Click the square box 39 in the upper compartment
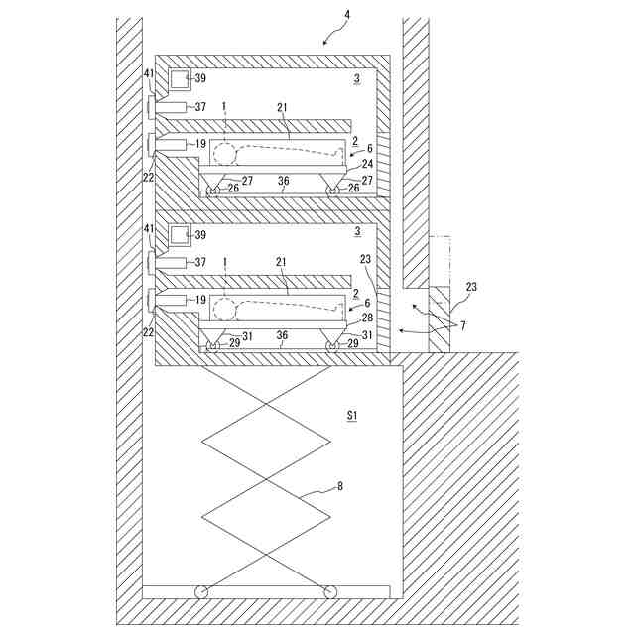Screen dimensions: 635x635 click(x=180, y=79)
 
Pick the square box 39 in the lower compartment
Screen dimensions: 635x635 click(x=180, y=236)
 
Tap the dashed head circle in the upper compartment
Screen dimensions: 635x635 click(x=226, y=154)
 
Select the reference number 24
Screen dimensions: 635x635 click(x=367, y=164)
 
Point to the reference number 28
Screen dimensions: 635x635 click(x=367, y=318)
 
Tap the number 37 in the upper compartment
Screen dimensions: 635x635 click(x=200, y=107)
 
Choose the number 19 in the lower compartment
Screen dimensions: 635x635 click(x=200, y=298)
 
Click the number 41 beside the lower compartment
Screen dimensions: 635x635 click(x=150, y=229)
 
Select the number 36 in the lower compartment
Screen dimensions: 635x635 click(x=283, y=335)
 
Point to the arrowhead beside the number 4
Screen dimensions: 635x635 click(x=326, y=40)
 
